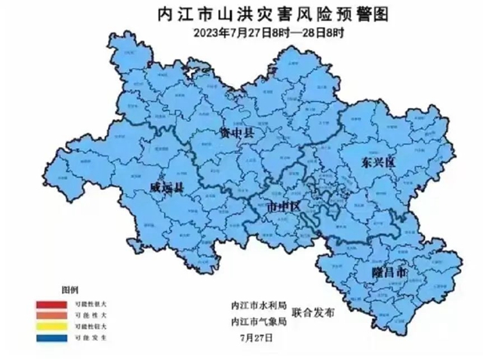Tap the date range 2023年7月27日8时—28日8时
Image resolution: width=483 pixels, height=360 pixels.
244,31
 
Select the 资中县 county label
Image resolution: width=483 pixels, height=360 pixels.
235,133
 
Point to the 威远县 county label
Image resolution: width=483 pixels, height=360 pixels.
165,186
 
